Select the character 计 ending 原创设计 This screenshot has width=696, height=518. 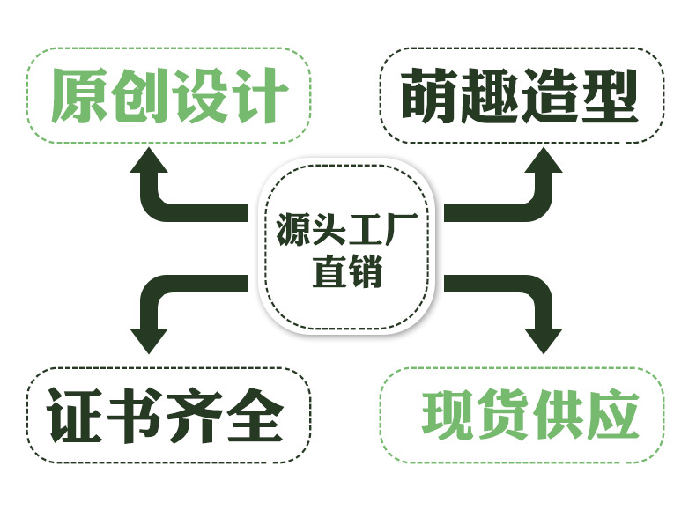coord(258,96)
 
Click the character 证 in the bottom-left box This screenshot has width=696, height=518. coord(76,415)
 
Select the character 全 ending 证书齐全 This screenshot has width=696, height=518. coord(254,415)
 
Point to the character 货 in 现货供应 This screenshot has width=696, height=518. coord(506,415)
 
